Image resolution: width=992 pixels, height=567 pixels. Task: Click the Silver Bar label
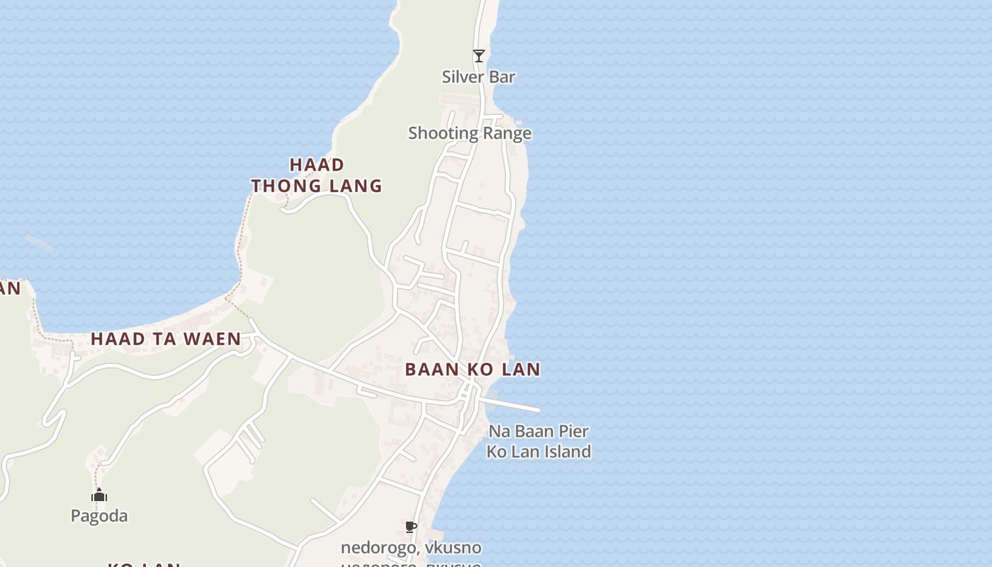pyautogui.click(x=478, y=77)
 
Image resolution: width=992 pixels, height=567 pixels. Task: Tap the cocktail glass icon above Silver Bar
pyautogui.click(x=479, y=55)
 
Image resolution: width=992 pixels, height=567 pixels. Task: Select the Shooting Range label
pyautogui.click(x=469, y=133)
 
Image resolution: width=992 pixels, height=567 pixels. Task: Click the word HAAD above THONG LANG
pyautogui.click(x=317, y=164)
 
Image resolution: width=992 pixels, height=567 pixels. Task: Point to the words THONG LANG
pyautogui.click(x=317, y=186)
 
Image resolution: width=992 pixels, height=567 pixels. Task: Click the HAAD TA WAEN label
pyautogui.click(x=166, y=339)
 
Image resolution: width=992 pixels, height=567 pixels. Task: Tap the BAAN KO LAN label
pyautogui.click(x=473, y=369)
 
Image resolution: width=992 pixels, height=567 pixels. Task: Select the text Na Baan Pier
pyautogui.click(x=539, y=431)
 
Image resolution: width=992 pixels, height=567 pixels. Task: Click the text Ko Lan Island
pyautogui.click(x=539, y=451)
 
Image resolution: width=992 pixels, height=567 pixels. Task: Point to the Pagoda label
pyautogui.click(x=99, y=516)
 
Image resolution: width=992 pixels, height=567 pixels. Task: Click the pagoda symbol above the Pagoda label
pyautogui.click(x=99, y=495)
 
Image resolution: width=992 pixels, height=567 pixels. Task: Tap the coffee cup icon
pyautogui.click(x=410, y=527)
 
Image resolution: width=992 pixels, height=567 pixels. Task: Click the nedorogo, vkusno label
pyautogui.click(x=411, y=548)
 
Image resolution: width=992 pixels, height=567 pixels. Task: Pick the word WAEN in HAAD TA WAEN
pyautogui.click(x=213, y=339)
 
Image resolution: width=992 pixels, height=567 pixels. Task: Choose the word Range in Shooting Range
pyautogui.click(x=507, y=133)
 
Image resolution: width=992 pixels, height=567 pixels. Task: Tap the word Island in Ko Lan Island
pyautogui.click(x=566, y=451)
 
